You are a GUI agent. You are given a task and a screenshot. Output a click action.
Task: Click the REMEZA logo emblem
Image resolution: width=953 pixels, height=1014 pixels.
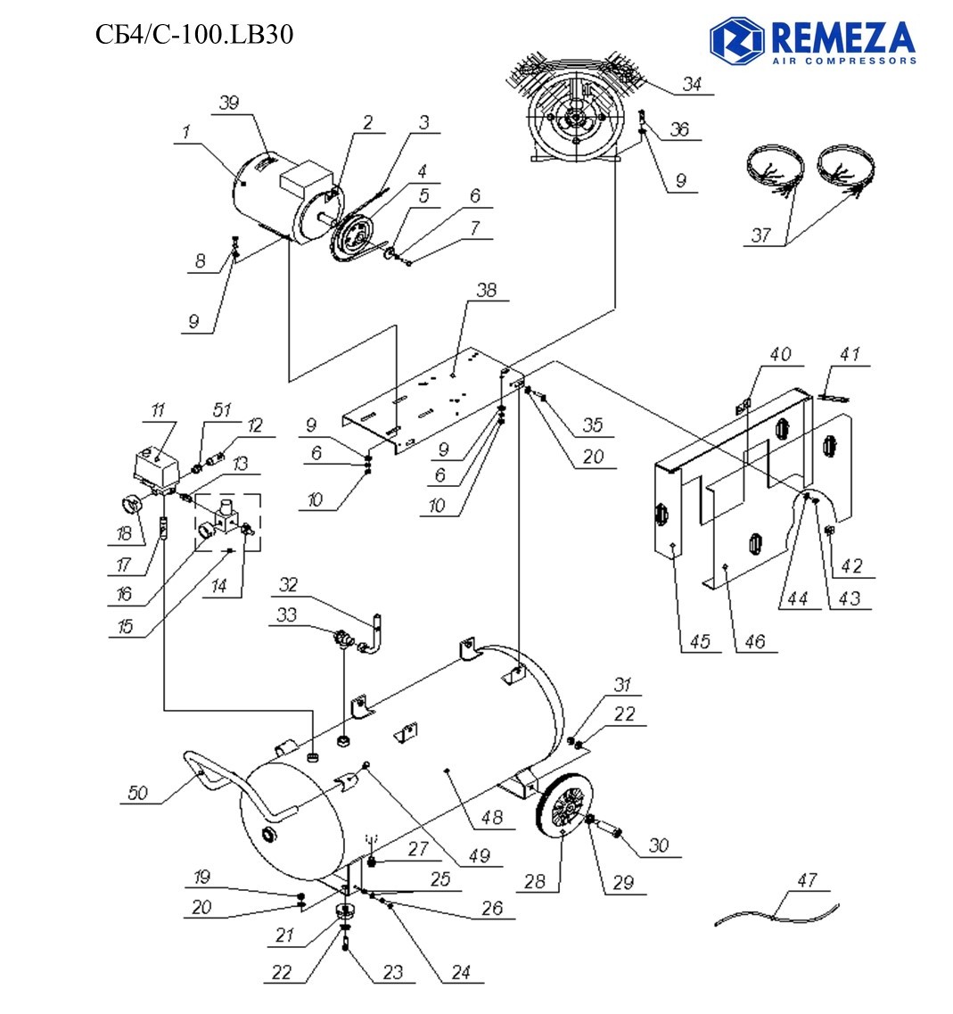coord(736,39)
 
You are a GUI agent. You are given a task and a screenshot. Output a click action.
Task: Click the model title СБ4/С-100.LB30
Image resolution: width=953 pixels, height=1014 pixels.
coord(193,34)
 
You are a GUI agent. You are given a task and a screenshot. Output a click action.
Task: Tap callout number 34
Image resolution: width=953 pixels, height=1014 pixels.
coord(693,85)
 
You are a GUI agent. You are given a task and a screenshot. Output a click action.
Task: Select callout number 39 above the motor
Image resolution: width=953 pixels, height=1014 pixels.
coord(229,103)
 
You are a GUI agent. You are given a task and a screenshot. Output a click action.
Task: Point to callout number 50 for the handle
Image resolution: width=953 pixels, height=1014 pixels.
coord(137,793)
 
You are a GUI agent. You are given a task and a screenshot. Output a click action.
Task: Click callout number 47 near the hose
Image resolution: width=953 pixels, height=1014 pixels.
coord(806,880)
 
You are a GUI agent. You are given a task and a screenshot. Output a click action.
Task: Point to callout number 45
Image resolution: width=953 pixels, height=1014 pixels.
coord(702,642)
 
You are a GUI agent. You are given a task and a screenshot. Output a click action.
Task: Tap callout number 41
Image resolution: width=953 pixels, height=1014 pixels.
coord(849,355)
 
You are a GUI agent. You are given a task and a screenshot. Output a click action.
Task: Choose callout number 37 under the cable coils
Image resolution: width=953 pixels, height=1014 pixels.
coord(760,235)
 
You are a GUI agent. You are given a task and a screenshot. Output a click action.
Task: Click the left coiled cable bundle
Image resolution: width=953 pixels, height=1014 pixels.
coord(772,169)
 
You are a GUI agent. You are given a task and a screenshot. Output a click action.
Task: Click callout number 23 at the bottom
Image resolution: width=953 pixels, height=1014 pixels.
coord(393,973)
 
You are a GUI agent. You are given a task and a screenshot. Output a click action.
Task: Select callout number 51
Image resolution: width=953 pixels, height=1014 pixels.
coord(222,409)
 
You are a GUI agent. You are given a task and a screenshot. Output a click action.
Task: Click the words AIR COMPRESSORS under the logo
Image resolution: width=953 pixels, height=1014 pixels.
coord(844,62)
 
